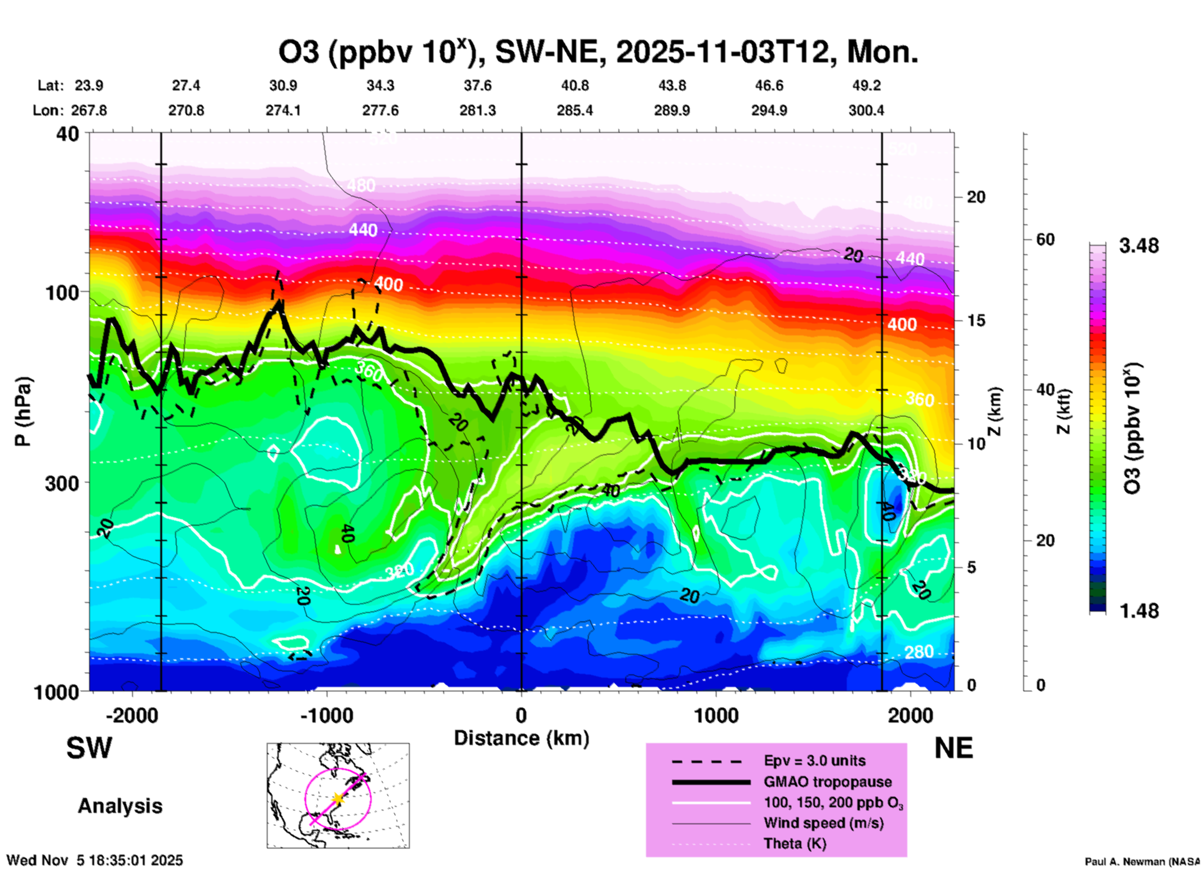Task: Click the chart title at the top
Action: (x=598, y=52)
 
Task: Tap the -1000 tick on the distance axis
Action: (x=326, y=716)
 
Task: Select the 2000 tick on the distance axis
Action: (x=910, y=716)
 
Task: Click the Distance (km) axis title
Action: (x=521, y=738)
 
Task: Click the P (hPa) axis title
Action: (x=23, y=411)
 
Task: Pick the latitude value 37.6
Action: (x=478, y=86)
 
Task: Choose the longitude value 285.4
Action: (x=575, y=111)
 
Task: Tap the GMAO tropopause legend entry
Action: (x=827, y=782)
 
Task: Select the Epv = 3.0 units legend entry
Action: (x=814, y=761)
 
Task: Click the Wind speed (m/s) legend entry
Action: (x=823, y=823)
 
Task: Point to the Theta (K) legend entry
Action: (x=794, y=844)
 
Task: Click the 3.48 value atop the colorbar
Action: (x=1139, y=246)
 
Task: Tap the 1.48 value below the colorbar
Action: (x=1139, y=611)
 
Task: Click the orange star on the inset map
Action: (x=337, y=799)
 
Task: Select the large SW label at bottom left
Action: (x=89, y=748)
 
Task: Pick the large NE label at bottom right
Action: (x=953, y=748)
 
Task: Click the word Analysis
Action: (x=120, y=806)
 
